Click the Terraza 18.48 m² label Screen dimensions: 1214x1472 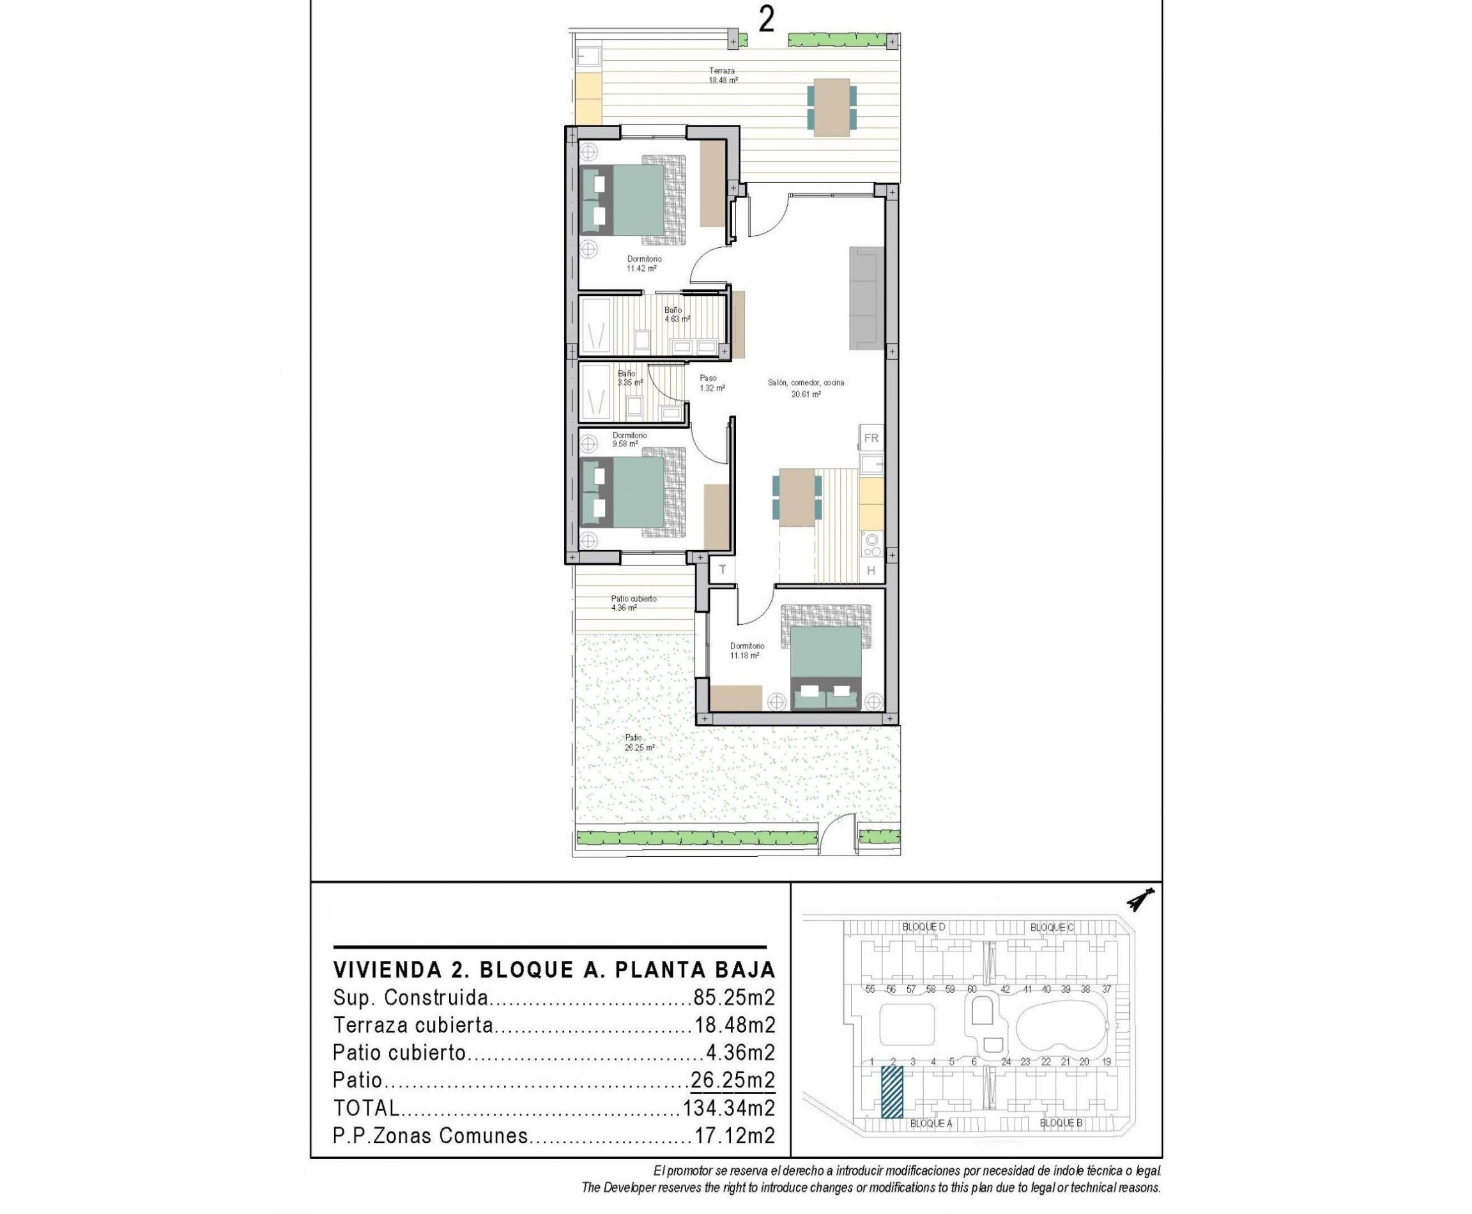pos(723,75)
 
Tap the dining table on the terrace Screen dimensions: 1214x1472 pos(831,107)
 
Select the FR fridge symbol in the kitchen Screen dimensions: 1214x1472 pos(871,438)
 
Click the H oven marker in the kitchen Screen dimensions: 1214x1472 pos(871,571)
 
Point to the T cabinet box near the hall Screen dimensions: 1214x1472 pos(723,569)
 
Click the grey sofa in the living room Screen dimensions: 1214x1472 pos(866,298)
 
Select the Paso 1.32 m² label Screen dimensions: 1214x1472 pos(711,383)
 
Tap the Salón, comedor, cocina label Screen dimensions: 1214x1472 pos(806,387)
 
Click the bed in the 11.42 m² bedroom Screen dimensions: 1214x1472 pos(624,200)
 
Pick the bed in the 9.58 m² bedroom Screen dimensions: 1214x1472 pos(624,493)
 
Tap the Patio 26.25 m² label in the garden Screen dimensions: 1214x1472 pos(638,742)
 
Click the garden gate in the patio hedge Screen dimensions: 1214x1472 pos(837,838)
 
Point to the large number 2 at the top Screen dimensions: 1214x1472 pos(767,20)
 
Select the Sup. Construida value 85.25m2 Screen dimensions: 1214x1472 pos(733,997)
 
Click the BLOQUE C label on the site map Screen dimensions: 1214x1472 pos(1051,927)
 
